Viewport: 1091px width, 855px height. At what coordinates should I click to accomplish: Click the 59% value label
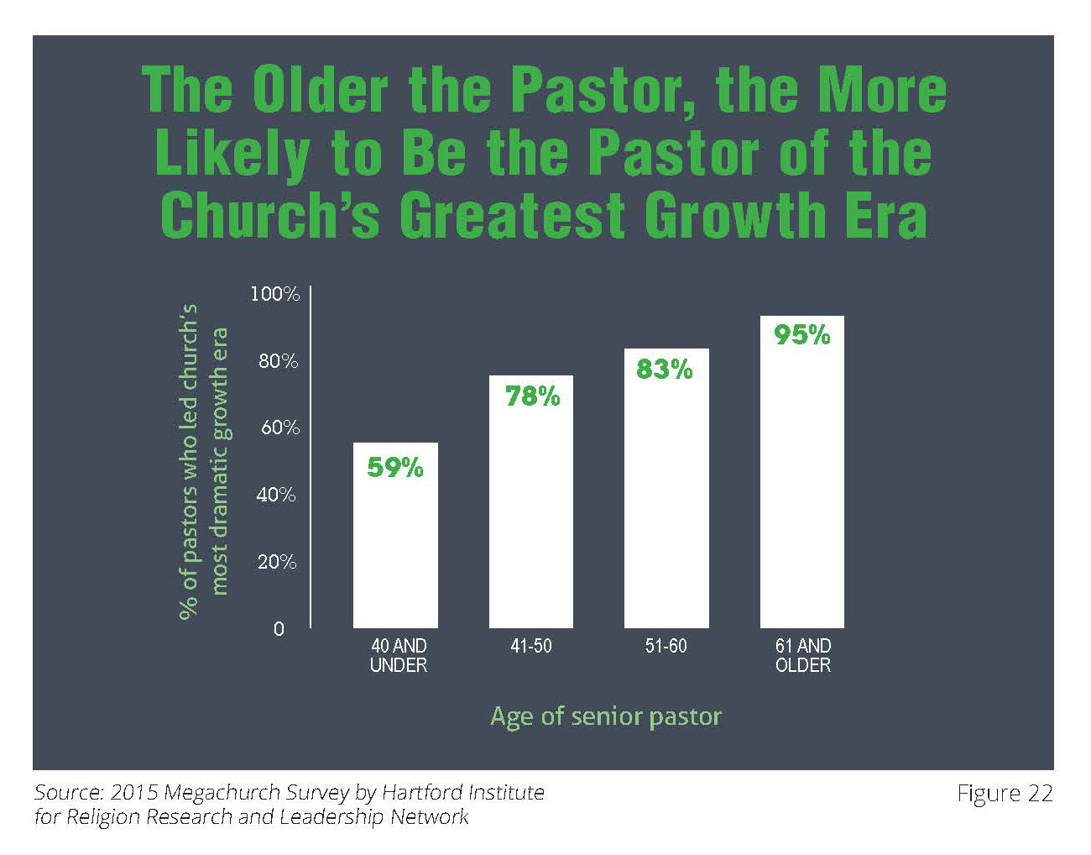(x=395, y=467)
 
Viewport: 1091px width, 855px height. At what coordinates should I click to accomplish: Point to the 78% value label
(x=532, y=396)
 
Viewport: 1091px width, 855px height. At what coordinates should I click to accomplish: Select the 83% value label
(x=665, y=369)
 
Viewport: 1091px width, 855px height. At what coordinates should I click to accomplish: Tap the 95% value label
(x=801, y=335)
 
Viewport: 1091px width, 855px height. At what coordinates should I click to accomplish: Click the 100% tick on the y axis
(x=274, y=294)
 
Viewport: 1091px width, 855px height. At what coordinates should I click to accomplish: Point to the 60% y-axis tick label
(x=279, y=427)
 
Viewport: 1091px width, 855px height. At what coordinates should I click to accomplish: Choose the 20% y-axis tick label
(x=277, y=562)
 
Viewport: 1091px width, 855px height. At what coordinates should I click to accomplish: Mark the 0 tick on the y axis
(x=279, y=629)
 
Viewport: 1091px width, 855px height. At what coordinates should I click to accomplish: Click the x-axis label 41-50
(x=531, y=646)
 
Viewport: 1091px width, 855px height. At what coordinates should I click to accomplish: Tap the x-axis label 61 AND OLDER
(x=803, y=655)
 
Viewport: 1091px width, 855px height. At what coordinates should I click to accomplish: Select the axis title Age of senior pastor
(x=605, y=716)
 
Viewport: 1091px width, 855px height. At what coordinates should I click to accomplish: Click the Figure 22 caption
(x=1005, y=794)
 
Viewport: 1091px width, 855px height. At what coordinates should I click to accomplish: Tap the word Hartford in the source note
(x=423, y=792)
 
